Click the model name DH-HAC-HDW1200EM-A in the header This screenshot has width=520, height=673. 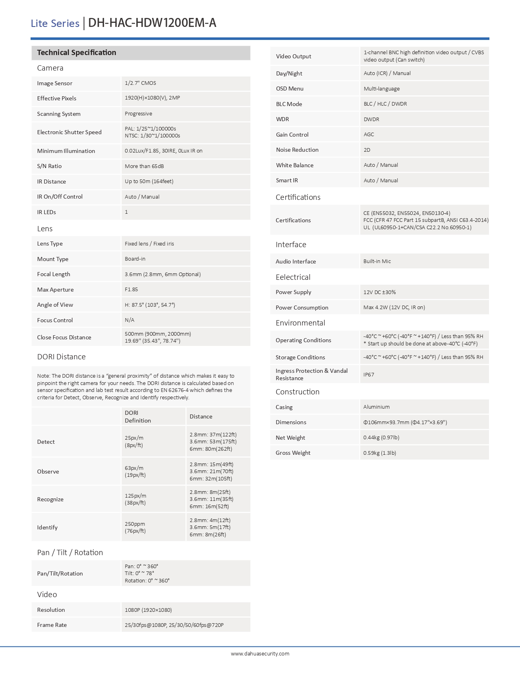pyautogui.click(x=152, y=23)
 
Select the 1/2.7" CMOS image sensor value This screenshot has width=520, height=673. pyautogui.click(x=140, y=83)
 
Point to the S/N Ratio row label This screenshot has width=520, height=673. pyautogui.click(x=49, y=166)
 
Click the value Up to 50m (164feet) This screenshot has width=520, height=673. pyautogui.click(x=149, y=182)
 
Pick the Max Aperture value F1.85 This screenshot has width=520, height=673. pyautogui.click(x=131, y=290)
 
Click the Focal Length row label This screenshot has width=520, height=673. pyautogui.click(x=53, y=274)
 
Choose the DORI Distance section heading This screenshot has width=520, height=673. pyautogui.click(x=61, y=357)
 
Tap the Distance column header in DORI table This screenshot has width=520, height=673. pyautogui.click(x=201, y=416)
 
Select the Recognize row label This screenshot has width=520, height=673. pyautogui.click(x=50, y=499)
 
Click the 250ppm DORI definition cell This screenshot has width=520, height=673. pyautogui.click(x=135, y=527)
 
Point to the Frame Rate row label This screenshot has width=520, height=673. pyautogui.click(x=52, y=625)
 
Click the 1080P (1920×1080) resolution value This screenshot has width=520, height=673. pyautogui.click(x=148, y=610)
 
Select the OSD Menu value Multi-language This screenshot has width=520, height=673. pyautogui.click(x=381, y=89)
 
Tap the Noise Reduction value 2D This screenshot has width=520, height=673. pyautogui.click(x=367, y=150)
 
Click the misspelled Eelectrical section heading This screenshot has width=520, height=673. pyautogui.click(x=293, y=277)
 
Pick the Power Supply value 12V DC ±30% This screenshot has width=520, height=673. pyautogui.click(x=379, y=292)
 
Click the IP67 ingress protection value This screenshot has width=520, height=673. pyautogui.click(x=369, y=374)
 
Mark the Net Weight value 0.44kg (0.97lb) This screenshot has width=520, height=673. pyautogui.click(x=381, y=438)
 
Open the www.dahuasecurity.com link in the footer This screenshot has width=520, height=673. pyautogui.click(x=260, y=653)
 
